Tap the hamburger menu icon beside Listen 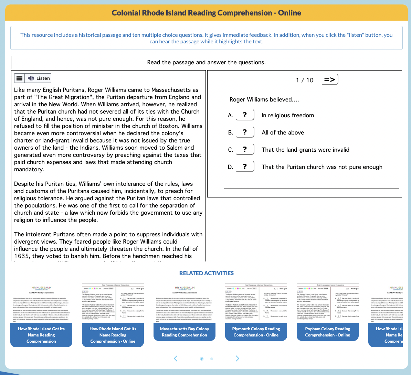[x=20, y=78]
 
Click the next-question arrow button [x=330, y=80]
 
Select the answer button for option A [x=245, y=115]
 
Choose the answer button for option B [x=245, y=132]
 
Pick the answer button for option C [x=245, y=149]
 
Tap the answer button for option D [x=245, y=167]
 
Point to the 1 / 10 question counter [x=305, y=80]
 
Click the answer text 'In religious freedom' [x=287, y=115]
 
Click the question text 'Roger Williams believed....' [x=264, y=99]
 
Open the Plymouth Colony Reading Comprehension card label [x=256, y=332]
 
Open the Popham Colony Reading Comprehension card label [x=327, y=332]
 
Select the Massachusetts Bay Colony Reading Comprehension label [x=184, y=332]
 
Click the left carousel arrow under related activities [x=176, y=358]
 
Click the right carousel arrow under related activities [x=237, y=358]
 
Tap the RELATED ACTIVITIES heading [x=206, y=273]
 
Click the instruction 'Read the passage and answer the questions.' [x=206, y=62]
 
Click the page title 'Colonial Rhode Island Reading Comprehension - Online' [x=206, y=13]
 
